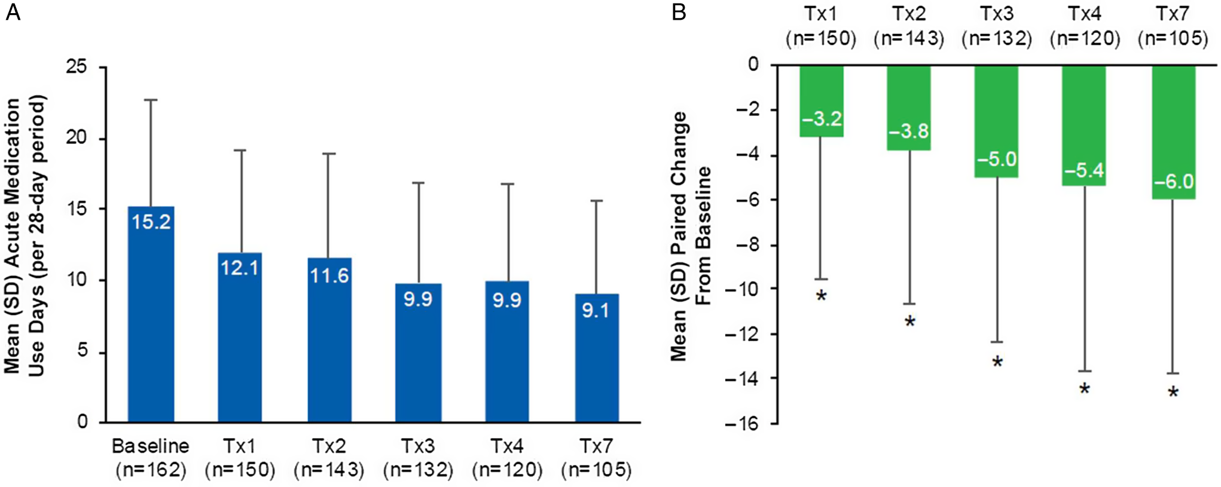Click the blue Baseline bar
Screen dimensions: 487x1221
pyautogui.click(x=151, y=317)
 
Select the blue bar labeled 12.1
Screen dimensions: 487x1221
pyautogui.click(x=240, y=341)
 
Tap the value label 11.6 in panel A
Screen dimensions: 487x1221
pyautogui.click(x=329, y=275)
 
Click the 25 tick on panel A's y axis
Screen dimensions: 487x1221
pyautogui.click(x=77, y=66)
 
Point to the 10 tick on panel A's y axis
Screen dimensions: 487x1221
pyautogui.click(x=77, y=280)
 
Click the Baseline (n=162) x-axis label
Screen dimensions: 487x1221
pyautogui.click(x=151, y=458)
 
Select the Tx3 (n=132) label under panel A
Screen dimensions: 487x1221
pyautogui.click(x=418, y=458)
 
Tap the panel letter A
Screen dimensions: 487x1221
pyautogui.click(x=13, y=12)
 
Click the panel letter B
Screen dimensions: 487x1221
pyautogui.click(x=679, y=12)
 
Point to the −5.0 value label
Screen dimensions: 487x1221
pyautogui.click(x=997, y=160)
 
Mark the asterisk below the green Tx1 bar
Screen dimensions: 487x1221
pyautogui.click(x=822, y=296)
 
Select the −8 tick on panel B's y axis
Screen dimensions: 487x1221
pyautogui.click(x=746, y=245)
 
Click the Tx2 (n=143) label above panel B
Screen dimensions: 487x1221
pyautogui.click(x=909, y=26)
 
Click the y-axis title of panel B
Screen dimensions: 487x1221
pyautogui.click(x=691, y=236)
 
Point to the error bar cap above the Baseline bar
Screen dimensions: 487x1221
pyautogui.click(x=151, y=100)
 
